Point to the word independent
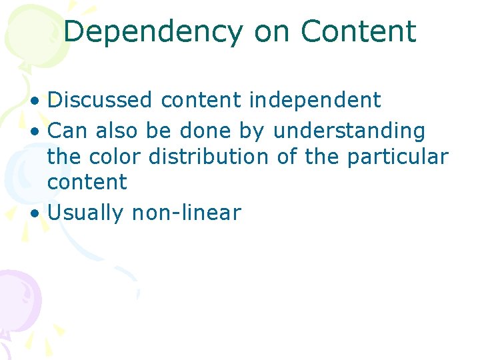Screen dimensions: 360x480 [x=315, y=100]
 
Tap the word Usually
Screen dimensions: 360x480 [x=86, y=213]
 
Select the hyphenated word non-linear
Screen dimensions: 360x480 [x=186, y=213]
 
